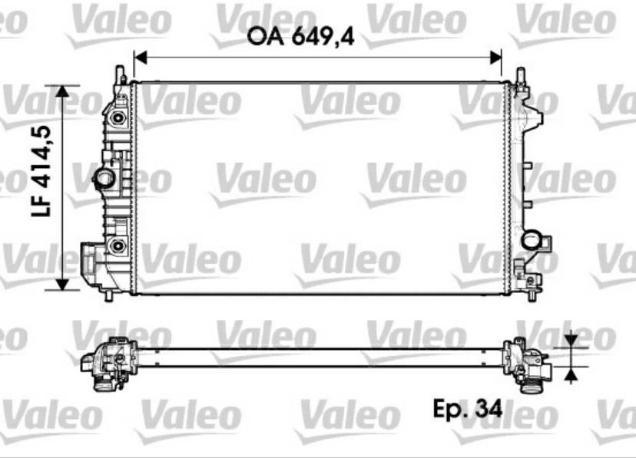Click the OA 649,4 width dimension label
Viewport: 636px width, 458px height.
click(x=300, y=37)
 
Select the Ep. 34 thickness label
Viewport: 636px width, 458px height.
click(x=468, y=408)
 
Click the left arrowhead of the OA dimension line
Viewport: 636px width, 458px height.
click(x=140, y=58)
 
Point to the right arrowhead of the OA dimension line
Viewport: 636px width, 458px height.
click(x=495, y=58)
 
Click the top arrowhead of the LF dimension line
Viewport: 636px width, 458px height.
click(x=62, y=91)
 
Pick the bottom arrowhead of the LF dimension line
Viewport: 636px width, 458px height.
click(x=62, y=285)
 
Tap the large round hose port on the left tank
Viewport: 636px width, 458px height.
click(x=104, y=177)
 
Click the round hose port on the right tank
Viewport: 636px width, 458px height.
click(x=532, y=239)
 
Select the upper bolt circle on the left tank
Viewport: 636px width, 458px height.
click(x=118, y=118)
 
